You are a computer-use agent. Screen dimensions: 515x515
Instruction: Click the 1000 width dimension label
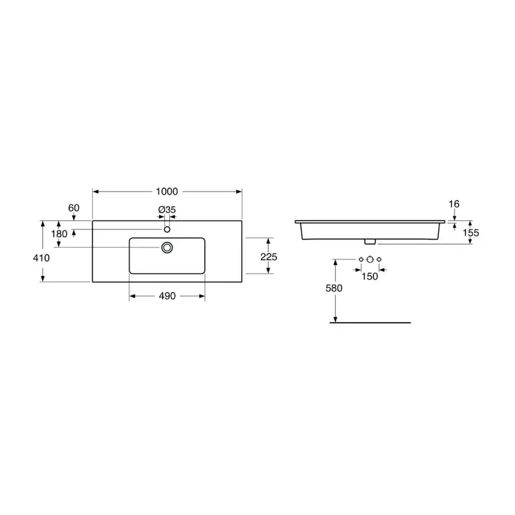click(167, 192)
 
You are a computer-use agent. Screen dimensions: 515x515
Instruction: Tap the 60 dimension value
click(74, 207)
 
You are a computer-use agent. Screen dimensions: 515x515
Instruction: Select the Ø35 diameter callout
click(167, 210)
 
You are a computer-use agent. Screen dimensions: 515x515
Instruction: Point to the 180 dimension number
click(59, 234)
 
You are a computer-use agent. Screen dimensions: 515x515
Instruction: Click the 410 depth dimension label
click(42, 257)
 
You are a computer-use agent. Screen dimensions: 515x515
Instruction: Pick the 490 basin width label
click(167, 297)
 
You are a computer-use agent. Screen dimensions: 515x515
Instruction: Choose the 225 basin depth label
click(269, 256)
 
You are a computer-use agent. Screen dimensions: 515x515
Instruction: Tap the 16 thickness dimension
click(454, 204)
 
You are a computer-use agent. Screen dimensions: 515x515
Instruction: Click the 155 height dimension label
click(470, 233)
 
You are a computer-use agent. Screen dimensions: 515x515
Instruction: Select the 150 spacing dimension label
click(369, 276)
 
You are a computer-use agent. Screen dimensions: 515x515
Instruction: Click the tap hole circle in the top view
click(167, 229)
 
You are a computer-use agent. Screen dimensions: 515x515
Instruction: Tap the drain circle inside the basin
click(167, 248)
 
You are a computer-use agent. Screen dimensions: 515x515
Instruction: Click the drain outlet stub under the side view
click(369, 241)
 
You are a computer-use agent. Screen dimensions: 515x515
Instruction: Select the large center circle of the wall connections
click(369, 259)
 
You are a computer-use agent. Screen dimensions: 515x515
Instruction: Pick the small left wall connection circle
click(361, 259)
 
